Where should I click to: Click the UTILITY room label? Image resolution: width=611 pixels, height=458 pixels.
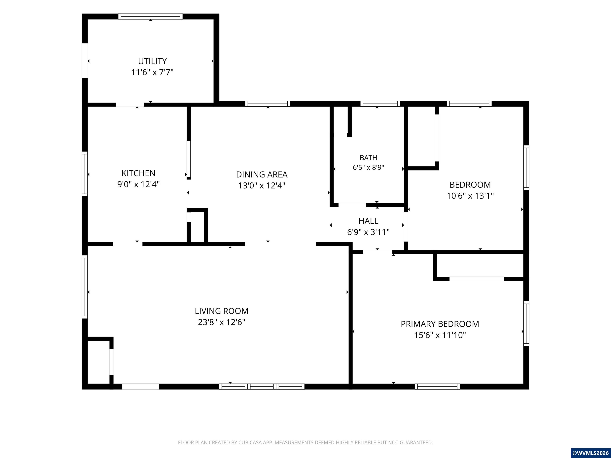(x=152, y=61)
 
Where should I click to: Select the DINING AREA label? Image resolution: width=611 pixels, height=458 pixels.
(x=262, y=175)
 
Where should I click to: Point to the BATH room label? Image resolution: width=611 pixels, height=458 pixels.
(x=368, y=158)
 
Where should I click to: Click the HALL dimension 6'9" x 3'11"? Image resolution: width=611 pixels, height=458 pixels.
(x=368, y=232)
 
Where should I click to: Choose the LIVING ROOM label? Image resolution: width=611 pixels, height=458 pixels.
(x=222, y=311)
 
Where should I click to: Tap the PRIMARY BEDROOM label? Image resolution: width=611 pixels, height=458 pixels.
(x=440, y=324)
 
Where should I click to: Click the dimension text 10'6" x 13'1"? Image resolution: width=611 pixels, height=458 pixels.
(x=470, y=196)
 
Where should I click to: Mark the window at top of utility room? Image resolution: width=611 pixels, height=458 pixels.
(x=151, y=16)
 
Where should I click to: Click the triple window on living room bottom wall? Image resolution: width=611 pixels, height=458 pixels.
(x=262, y=386)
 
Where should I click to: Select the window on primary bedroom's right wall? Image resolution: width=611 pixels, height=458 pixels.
(x=526, y=324)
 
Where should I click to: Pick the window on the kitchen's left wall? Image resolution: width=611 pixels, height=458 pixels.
(x=85, y=174)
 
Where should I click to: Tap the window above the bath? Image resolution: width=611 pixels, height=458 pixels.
(x=380, y=104)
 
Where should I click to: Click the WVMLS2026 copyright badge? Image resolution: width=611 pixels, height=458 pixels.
(x=591, y=453)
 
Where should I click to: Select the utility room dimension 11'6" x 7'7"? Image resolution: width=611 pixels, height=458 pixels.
(x=152, y=72)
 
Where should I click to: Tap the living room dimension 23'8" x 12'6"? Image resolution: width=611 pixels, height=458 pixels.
(x=222, y=322)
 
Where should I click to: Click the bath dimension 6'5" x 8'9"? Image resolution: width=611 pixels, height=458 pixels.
(x=368, y=168)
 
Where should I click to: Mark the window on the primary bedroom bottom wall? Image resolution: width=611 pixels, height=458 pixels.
(x=437, y=386)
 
